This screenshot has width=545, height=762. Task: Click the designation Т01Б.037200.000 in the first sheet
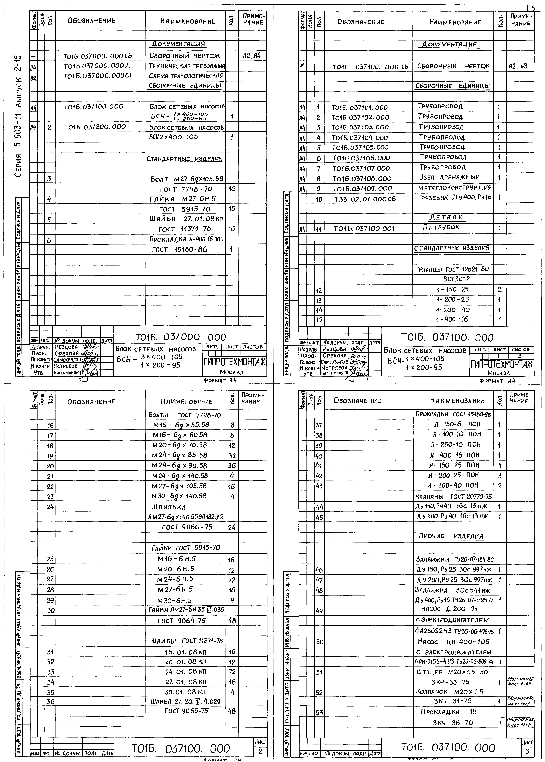(95, 127)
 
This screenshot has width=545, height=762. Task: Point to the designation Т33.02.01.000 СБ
(365, 199)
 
